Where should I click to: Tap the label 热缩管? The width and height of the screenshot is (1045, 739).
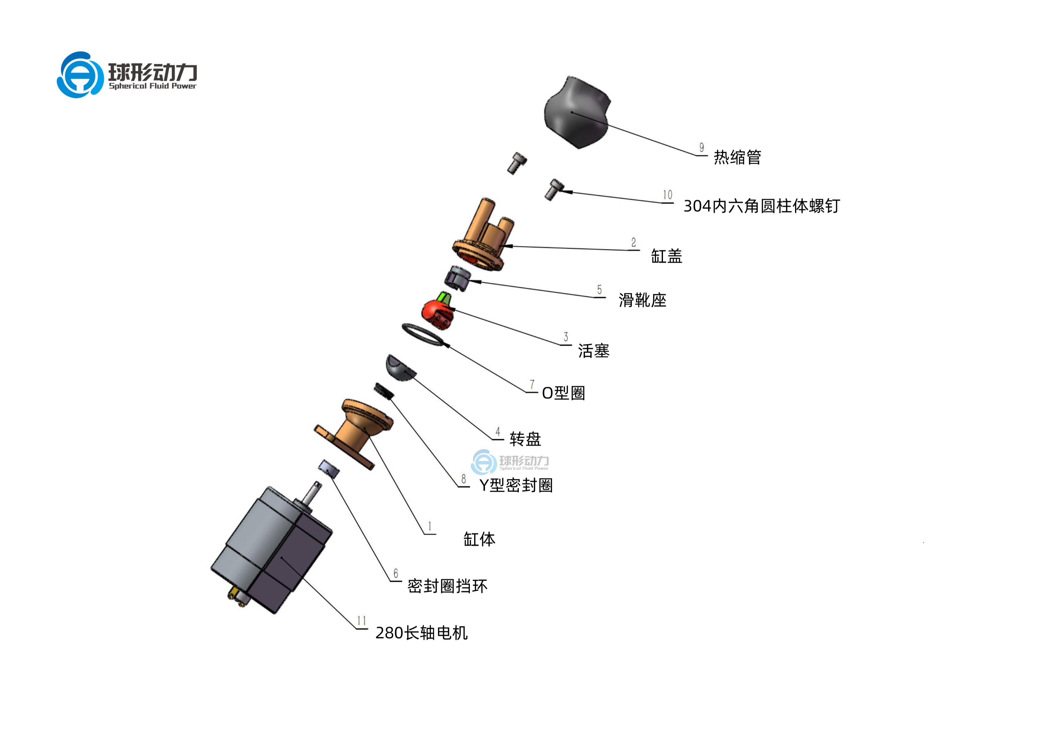click(737, 157)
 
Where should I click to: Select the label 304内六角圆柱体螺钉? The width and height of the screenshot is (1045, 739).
click(762, 206)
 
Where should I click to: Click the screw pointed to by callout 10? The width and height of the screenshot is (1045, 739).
click(554, 189)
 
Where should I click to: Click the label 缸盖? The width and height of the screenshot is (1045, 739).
click(666, 256)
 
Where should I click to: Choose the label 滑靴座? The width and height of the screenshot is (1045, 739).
click(642, 300)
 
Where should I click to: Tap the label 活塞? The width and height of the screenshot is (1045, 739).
click(593, 351)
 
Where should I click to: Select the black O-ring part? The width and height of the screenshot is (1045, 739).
click(422, 335)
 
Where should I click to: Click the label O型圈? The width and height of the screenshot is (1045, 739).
click(563, 393)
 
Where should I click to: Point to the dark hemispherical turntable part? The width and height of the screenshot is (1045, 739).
click(400, 368)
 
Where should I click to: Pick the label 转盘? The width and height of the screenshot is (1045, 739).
click(525, 439)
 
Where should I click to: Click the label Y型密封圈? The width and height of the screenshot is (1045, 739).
click(516, 486)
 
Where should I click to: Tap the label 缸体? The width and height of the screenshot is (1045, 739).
click(479, 539)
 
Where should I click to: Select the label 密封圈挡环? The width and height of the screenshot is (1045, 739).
click(447, 586)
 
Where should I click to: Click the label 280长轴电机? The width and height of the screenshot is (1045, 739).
click(422, 633)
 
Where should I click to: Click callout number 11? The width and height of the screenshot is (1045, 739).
click(361, 621)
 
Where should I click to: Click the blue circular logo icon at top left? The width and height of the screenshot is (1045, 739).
click(80, 75)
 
